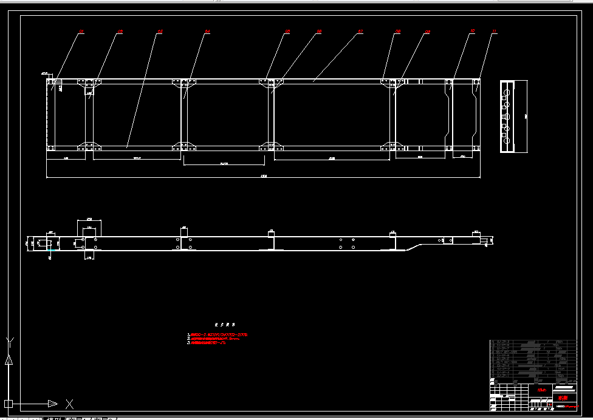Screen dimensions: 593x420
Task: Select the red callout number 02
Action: pos(120,31)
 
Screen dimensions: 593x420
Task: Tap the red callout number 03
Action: pos(160,31)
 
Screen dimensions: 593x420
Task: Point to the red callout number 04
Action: pos(207,31)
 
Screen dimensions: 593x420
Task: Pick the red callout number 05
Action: pos(287,31)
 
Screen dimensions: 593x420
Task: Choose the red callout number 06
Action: pos(319,31)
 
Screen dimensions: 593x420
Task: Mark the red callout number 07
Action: pos(360,31)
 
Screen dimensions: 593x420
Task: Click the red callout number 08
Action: pos(398,31)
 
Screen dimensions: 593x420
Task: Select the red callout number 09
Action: pos(428,31)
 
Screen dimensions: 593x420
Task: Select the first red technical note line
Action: pos(218,334)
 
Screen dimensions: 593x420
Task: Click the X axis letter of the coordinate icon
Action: pos(70,404)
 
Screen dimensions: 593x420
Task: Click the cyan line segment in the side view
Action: pos(52,249)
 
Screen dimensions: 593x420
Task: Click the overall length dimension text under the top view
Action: pos(264,177)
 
